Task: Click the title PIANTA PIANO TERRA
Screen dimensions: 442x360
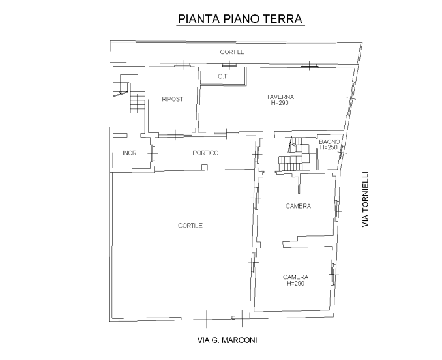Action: point(240,19)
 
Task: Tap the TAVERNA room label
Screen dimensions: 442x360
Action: point(280,97)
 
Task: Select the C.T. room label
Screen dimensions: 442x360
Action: point(223,76)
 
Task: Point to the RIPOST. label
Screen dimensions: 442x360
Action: point(173,99)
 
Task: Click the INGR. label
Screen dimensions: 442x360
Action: point(130,153)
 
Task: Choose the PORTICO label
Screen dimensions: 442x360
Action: point(205,153)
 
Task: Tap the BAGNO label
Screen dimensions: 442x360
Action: point(329,142)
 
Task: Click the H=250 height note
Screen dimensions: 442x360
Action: point(329,147)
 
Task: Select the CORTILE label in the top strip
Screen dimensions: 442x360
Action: point(232,52)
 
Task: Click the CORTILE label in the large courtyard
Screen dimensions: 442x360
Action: point(190,226)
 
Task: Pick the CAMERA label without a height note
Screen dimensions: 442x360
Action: point(298,206)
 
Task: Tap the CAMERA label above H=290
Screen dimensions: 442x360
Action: point(295,277)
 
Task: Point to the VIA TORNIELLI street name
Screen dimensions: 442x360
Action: point(366,200)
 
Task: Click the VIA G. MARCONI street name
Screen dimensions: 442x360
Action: point(228,340)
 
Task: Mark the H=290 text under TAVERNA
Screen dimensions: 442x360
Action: point(280,103)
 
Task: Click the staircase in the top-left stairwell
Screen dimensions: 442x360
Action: point(130,94)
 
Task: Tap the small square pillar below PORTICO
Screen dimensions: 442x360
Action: point(205,168)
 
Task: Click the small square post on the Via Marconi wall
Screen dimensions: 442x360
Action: point(233,318)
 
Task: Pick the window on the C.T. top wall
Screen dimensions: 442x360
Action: point(229,66)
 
